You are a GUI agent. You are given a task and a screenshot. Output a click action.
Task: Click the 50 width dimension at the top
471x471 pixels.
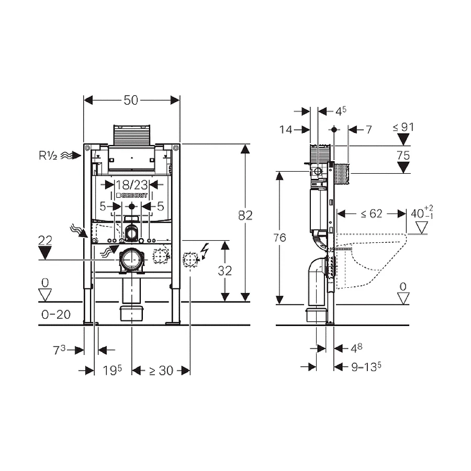[131, 100]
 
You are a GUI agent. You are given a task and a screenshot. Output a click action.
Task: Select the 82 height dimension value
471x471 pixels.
[245, 215]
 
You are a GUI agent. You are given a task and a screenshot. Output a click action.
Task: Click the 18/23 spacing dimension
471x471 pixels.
[131, 185]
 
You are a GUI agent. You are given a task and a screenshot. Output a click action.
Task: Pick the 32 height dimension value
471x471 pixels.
[225, 271]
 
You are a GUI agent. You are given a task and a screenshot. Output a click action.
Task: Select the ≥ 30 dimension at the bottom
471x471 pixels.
[160, 371]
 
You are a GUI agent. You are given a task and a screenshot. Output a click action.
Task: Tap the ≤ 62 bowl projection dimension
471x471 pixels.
[371, 213]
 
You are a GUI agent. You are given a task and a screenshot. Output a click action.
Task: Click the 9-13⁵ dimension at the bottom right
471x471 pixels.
[365, 367]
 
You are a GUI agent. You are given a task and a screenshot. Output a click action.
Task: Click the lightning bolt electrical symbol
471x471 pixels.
[205, 252]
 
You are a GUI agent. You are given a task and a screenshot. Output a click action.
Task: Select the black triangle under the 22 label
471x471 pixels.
[46, 254]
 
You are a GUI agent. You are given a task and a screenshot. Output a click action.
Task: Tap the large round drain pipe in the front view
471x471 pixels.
[131, 259]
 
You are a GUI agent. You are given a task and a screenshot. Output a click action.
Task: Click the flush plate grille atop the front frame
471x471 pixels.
[131, 136]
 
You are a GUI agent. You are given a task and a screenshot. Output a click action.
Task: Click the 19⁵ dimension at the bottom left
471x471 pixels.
[112, 371]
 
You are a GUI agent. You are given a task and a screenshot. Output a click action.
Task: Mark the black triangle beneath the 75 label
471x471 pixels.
[403, 167]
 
